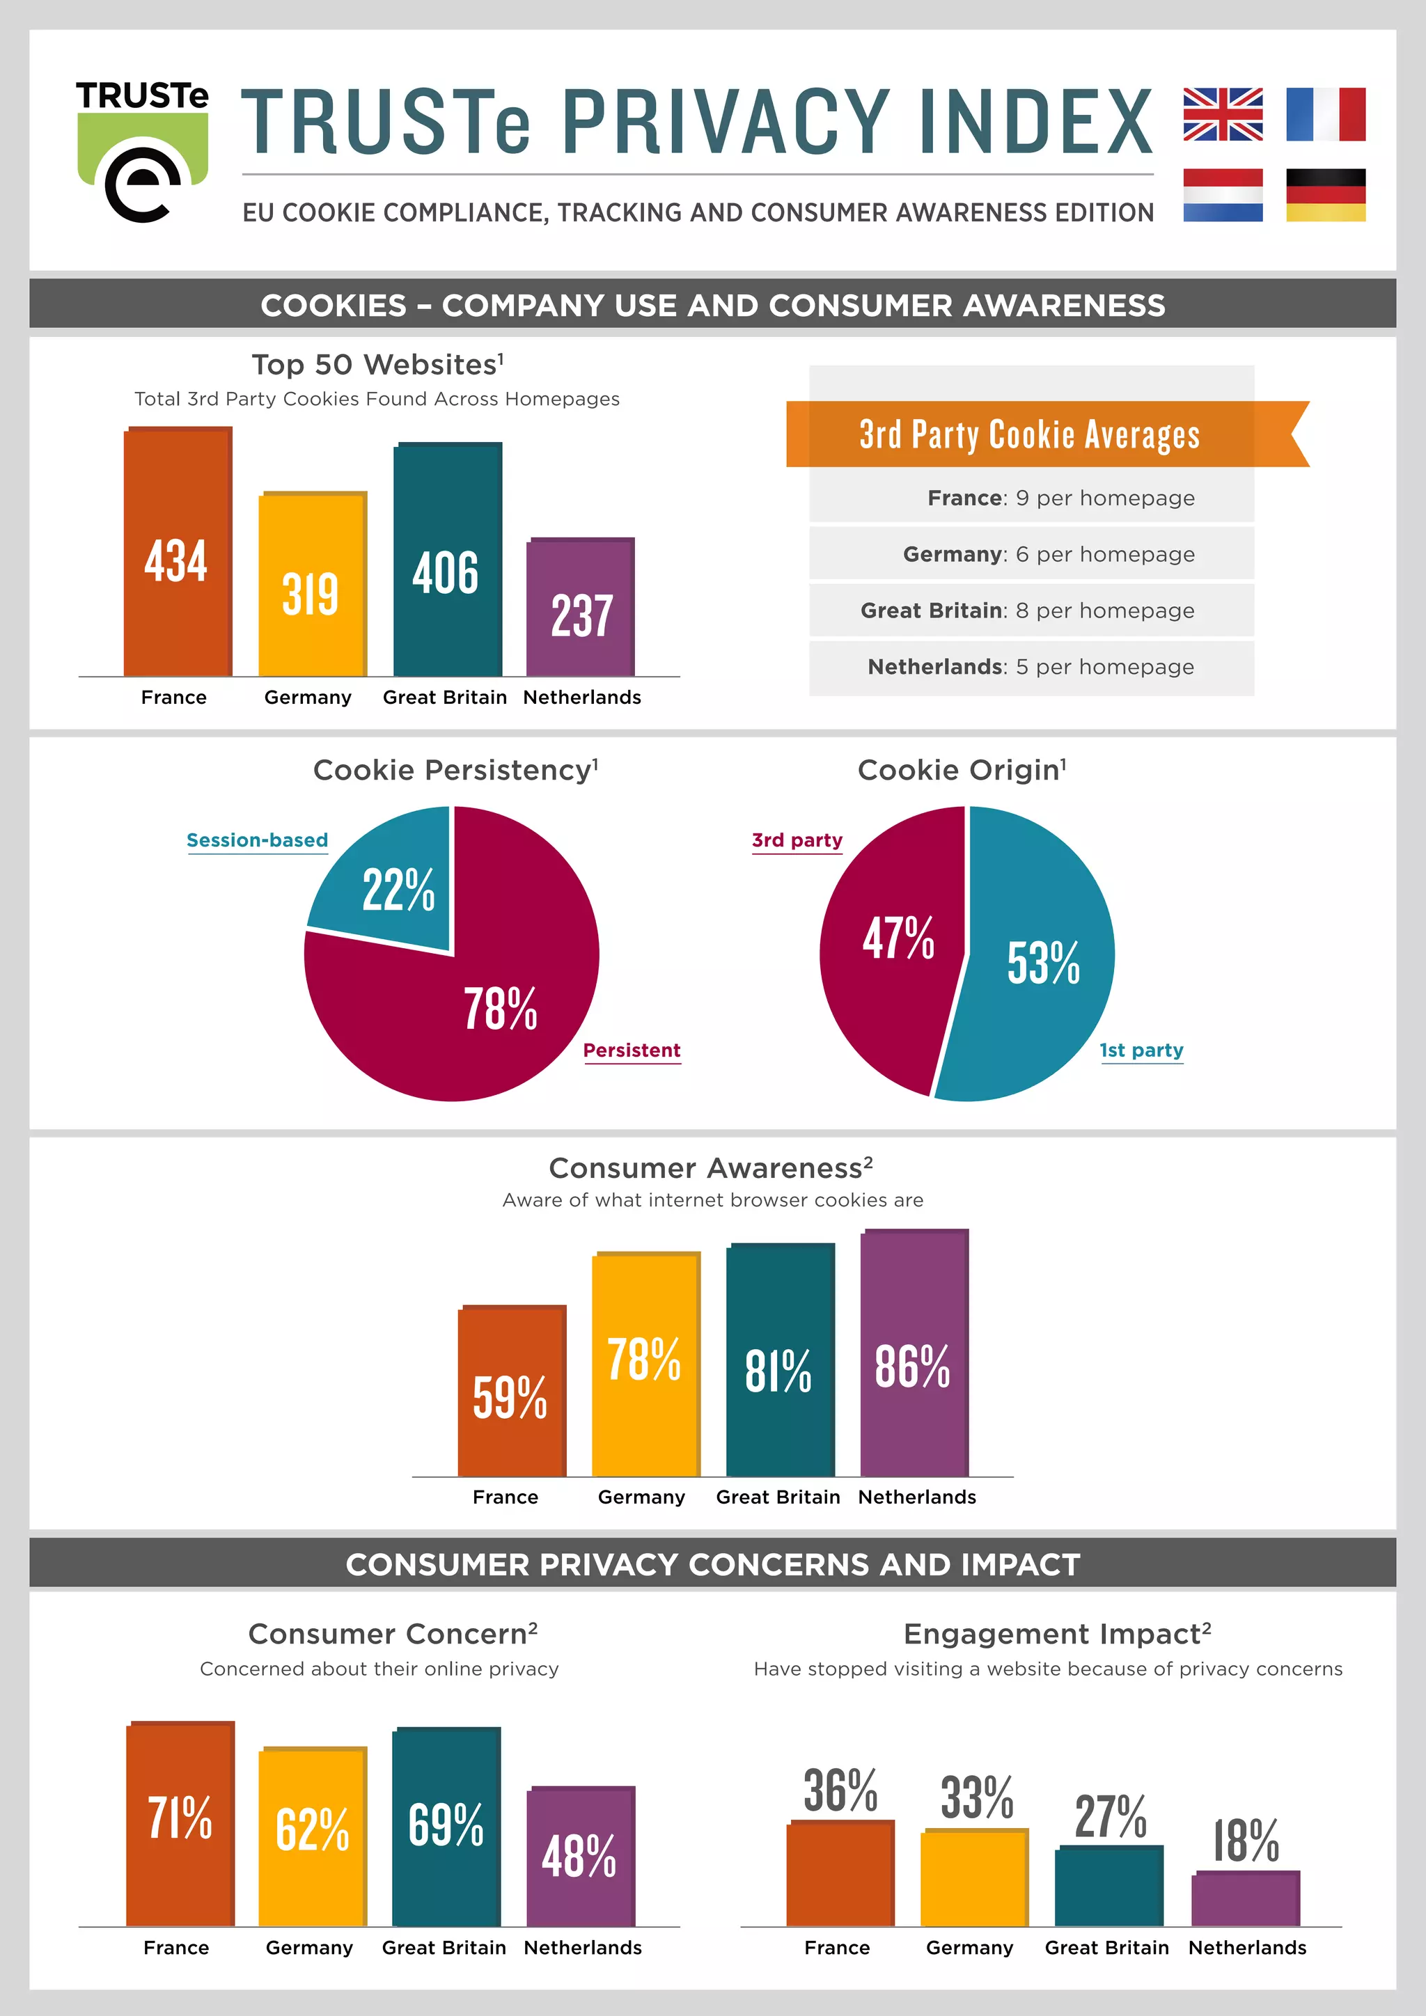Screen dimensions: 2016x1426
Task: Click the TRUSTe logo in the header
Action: coord(142,151)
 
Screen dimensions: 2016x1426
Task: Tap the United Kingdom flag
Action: coord(1222,114)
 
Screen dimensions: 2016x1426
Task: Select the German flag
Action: coord(1325,195)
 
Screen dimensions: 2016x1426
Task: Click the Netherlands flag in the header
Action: coord(1222,195)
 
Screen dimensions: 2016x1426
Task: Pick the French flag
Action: coord(1325,114)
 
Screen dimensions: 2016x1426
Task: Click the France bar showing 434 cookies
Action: coord(178,553)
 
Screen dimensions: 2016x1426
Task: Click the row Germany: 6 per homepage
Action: coord(1031,554)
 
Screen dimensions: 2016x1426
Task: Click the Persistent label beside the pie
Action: coord(632,1050)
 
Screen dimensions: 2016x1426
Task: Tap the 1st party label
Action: coord(1141,1050)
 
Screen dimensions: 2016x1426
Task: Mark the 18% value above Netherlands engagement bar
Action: coord(1245,1841)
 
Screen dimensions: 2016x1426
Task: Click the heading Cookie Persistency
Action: coord(455,770)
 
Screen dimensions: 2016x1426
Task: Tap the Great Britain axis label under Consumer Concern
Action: coord(444,1948)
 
